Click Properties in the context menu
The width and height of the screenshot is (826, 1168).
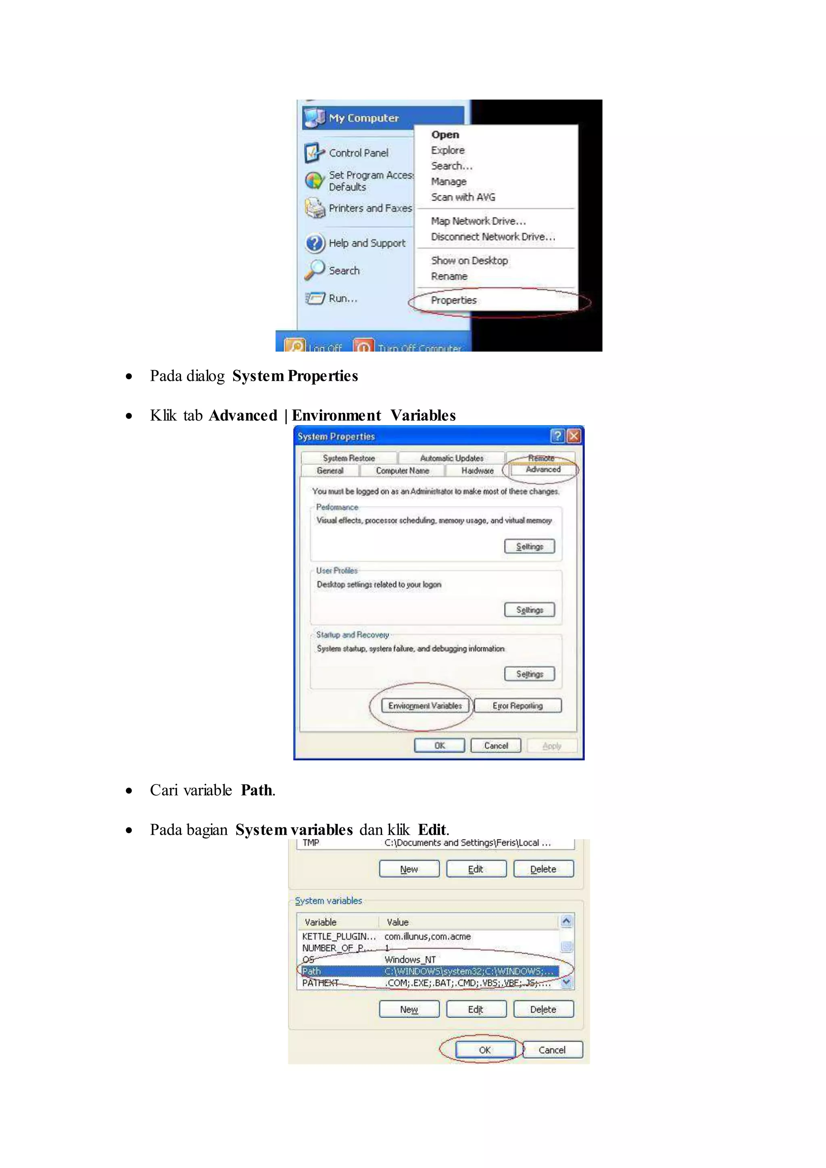[454, 300]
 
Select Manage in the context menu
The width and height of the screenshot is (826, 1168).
[448, 181]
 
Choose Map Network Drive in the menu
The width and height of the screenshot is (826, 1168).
[478, 221]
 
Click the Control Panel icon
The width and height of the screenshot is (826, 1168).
[314, 152]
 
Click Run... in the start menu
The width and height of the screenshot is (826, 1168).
[343, 298]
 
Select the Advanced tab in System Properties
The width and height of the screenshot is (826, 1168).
[543, 469]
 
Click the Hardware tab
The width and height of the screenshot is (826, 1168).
[477, 471]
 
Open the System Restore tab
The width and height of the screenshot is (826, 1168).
[348, 458]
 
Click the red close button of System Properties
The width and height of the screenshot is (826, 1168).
[574, 436]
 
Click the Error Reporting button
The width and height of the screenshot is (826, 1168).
[517, 705]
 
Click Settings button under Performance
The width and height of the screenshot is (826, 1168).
[530, 546]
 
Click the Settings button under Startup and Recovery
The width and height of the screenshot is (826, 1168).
[530, 674]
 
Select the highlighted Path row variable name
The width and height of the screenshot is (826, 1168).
[311, 971]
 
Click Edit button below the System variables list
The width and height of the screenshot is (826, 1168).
[476, 1009]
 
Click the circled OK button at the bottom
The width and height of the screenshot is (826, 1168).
[485, 1050]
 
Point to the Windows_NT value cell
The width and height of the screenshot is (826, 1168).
[410, 959]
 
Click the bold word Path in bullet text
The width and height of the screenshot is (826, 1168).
[257, 790]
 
